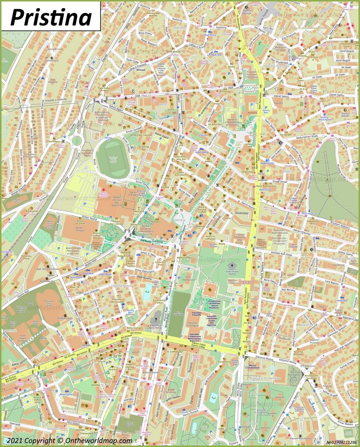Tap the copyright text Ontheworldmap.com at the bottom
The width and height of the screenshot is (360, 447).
(x=94, y=441)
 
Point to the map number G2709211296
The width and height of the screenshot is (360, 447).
(x=340, y=442)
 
